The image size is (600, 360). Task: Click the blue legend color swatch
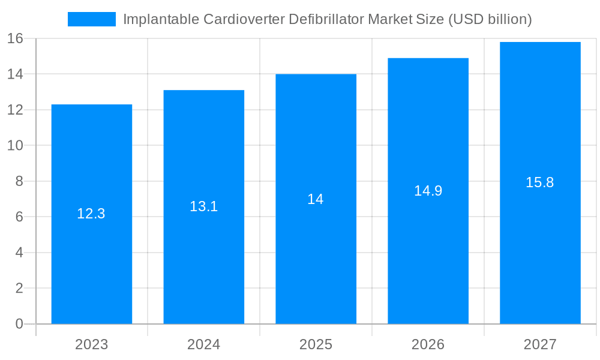tap(91, 19)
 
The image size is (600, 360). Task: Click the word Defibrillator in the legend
tap(326, 19)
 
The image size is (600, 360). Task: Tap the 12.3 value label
tap(91, 214)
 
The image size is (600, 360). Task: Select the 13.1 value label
tap(203, 206)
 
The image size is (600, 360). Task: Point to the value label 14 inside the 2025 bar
tap(316, 199)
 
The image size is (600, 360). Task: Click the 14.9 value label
tap(428, 191)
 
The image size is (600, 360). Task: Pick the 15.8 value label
tap(540, 182)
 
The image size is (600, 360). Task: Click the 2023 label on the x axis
tap(91, 344)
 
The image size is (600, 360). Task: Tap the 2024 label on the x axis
tap(203, 344)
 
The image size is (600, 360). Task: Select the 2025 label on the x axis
tap(316, 344)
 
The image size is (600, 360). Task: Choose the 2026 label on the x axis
tap(428, 344)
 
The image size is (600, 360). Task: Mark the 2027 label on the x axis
tap(540, 344)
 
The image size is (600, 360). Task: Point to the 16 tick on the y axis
tap(15, 38)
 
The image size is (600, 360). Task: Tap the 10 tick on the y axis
tap(15, 145)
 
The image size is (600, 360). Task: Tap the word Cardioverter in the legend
tap(244, 19)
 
